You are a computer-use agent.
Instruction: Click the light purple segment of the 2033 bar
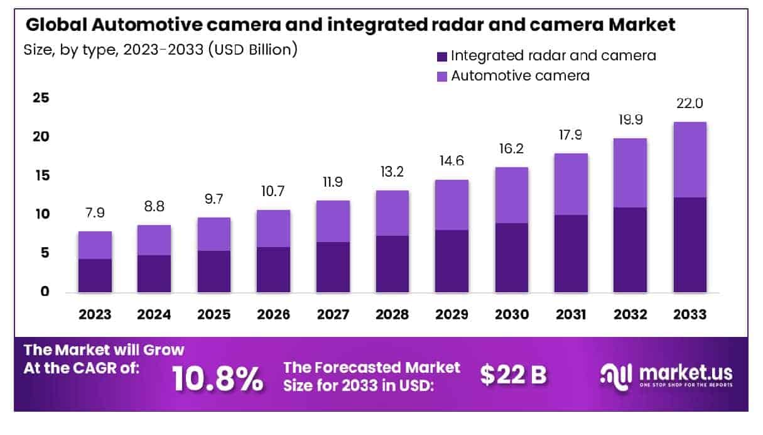pyautogui.click(x=690, y=160)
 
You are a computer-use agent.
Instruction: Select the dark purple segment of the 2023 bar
pyautogui.click(x=95, y=275)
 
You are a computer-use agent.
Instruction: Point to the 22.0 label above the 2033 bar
pyautogui.click(x=690, y=104)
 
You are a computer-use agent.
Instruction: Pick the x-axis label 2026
pyautogui.click(x=273, y=314)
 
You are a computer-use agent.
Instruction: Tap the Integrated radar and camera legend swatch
pyautogui.click(x=442, y=57)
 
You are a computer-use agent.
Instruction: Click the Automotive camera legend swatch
pyautogui.click(x=442, y=77)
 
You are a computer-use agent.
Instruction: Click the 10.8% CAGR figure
pyautogui.click(x=217, y=378)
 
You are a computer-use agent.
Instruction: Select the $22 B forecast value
pyautogui.click(x=513, y=375)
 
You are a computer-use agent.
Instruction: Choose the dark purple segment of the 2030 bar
pyautogui.click(x=511, y=258)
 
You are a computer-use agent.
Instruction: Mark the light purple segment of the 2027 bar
pyautogui.click(x=333, y=221)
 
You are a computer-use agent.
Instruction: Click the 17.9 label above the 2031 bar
pyautogui.click(x=570, y=135)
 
